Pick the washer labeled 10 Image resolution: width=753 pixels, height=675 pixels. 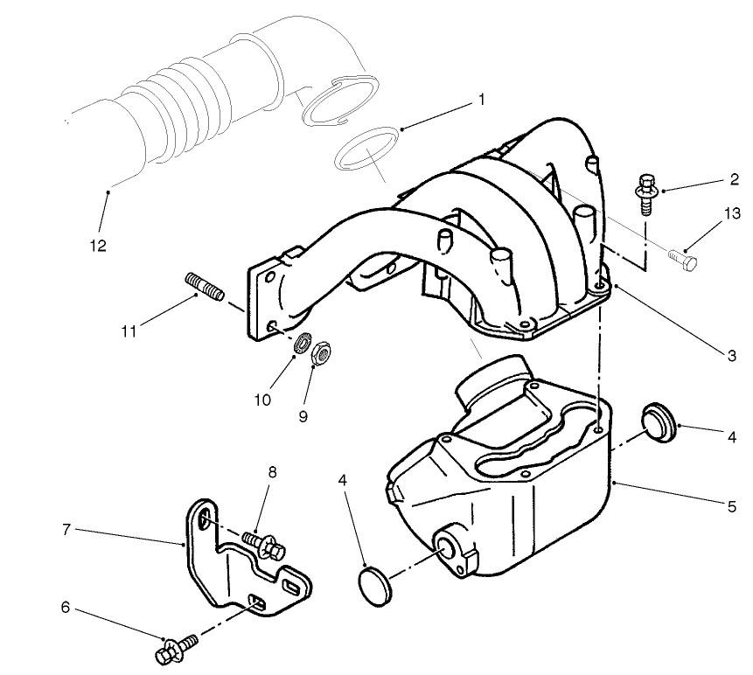point(303,343)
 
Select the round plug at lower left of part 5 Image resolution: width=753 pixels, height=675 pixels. point(377,581)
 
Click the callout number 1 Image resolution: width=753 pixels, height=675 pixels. point(480,100)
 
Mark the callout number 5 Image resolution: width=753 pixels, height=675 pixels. point(731,504)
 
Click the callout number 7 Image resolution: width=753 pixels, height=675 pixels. point(66,530)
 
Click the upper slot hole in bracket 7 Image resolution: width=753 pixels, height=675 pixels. point(203,520)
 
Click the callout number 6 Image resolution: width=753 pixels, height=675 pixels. point(66,605)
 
